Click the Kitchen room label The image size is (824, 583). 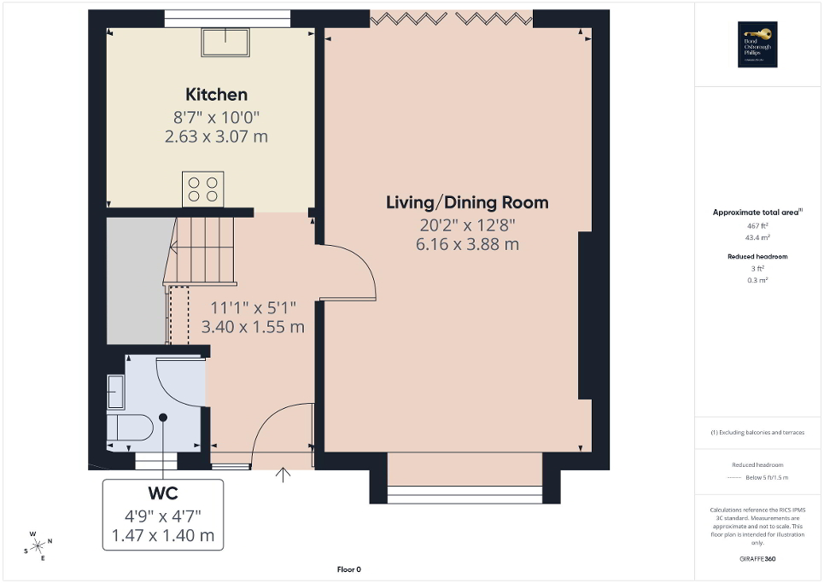[x=216, y=95]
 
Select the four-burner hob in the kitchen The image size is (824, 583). [x=202, y=189]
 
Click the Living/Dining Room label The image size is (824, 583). [x=467, y=202]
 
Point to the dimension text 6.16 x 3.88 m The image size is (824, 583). [x=467, y=244]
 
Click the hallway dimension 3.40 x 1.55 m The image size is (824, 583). [x=252, y=326]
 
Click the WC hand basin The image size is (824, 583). [x=115, y=391]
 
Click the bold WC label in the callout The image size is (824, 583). [x=162, y=494]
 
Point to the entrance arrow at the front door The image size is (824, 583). [x=283, y=474]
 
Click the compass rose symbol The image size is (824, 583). [x=38, y=545]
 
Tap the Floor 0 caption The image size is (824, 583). [x=348, y=569]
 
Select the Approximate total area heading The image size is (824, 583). [x=757, y=212]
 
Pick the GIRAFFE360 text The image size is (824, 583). [x=757, y=559]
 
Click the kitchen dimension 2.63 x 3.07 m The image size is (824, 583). [x=216, y=136]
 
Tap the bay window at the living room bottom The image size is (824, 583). [x=465, y=489]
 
